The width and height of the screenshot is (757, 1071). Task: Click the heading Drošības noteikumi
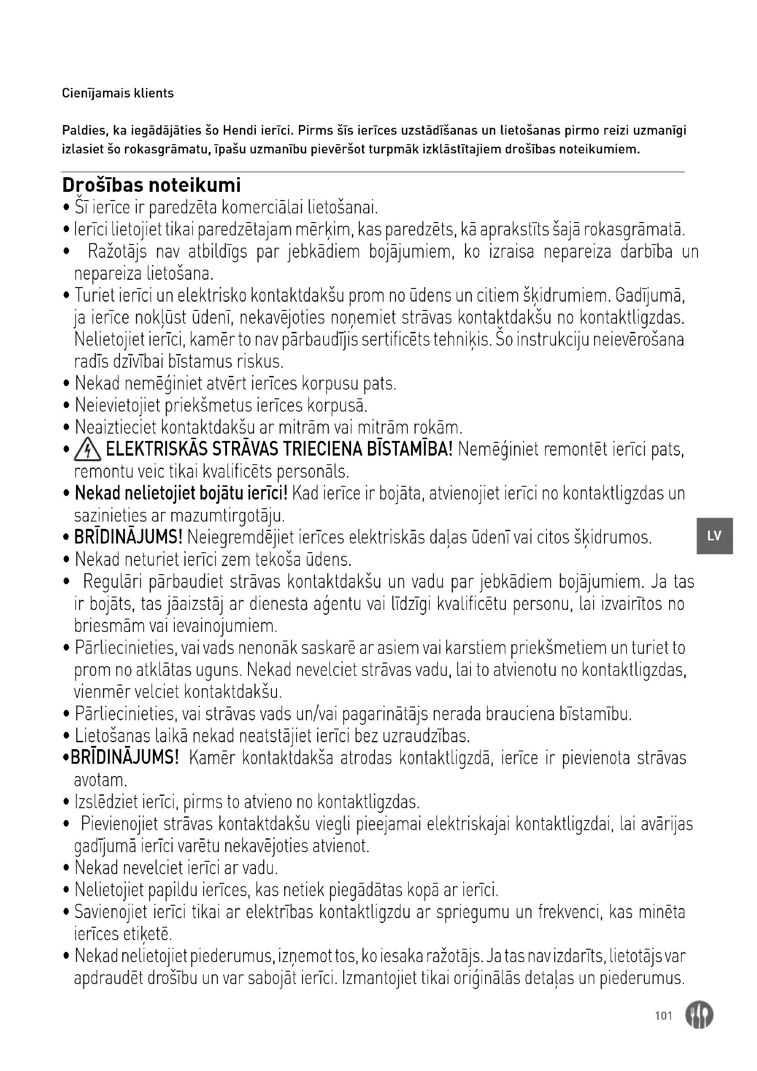pos(151,185)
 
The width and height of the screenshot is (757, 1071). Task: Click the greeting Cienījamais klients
pos(118,93)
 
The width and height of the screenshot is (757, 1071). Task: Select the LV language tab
pos(714,536)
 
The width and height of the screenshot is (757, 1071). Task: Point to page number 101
pos(663,1016)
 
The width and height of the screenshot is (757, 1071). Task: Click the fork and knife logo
pos(699,1015)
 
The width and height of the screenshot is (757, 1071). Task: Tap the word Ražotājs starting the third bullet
pos(118,252)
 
